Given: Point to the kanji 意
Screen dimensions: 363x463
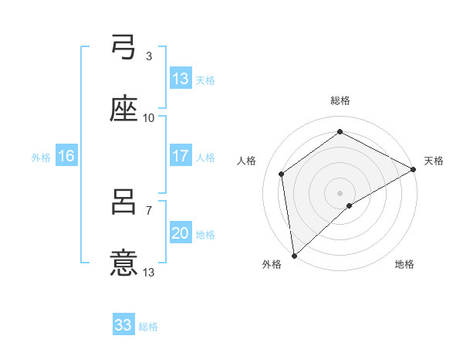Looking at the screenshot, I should point(123,263).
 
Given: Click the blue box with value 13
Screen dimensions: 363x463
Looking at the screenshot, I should point(181,79).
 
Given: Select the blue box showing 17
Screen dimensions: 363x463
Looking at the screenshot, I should point(181,156).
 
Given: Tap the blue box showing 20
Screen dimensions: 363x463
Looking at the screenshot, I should point(181,233).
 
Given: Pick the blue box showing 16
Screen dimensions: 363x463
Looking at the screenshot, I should point(66,156).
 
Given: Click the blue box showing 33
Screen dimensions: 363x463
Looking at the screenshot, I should point(123,325).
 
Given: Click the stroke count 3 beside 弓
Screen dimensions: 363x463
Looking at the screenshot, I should point(149,56).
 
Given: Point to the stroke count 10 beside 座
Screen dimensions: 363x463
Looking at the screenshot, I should point(149,117).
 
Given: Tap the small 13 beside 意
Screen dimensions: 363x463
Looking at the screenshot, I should point(149,272).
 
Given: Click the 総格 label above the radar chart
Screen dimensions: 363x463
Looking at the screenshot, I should point(340,100).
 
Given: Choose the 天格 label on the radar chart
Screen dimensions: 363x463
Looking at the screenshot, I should point(434,161).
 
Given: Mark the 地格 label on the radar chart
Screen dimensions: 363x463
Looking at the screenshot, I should point(404,265).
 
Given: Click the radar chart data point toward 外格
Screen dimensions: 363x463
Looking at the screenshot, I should point(294,256).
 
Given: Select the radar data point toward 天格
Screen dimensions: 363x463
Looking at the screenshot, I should point(414,168).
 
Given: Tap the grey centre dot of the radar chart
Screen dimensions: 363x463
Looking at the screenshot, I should point(340,192).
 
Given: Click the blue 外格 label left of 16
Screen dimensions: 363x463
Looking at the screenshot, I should point(41,157).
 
